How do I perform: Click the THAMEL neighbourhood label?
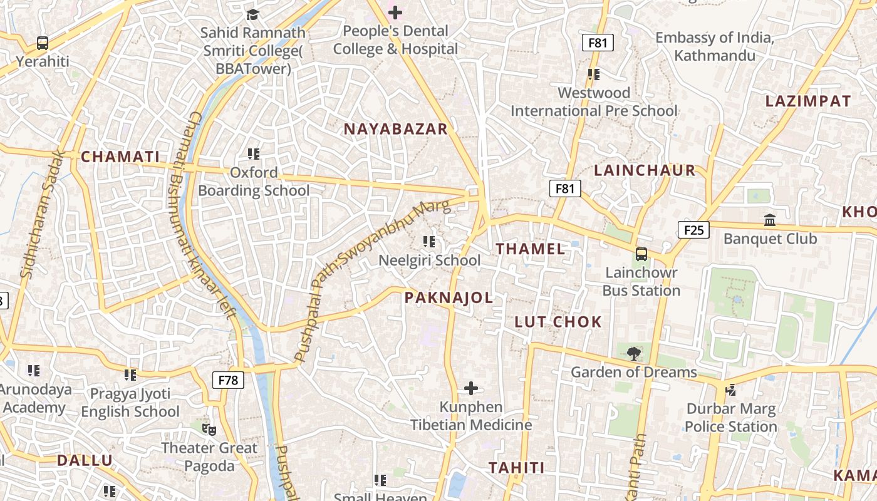[x=531, y=249]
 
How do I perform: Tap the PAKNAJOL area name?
[x=449, y=298]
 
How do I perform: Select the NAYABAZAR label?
[x=396, y=129]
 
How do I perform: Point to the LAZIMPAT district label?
[x=808, y=101]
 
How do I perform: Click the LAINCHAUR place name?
[x=645, y=170]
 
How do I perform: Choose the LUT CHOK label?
[x=558, y=322]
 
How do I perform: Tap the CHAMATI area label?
[x=121, y=157]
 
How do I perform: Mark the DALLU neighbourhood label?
[x=85, y=461]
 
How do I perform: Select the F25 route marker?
[x=693, y=230]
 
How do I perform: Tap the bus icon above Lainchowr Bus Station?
[x=641, y=254]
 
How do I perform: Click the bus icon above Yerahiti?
[x=43, y=43]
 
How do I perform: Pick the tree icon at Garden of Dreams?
[x=634, y=353]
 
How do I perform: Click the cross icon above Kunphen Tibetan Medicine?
[x=471, y=388]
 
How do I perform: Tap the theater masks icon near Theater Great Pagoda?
[x=209, y=430]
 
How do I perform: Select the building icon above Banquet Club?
[x=770, y=220]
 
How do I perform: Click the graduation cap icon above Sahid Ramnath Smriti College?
[x=252, y=14]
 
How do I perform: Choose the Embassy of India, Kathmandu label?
[x=715, y=46]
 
